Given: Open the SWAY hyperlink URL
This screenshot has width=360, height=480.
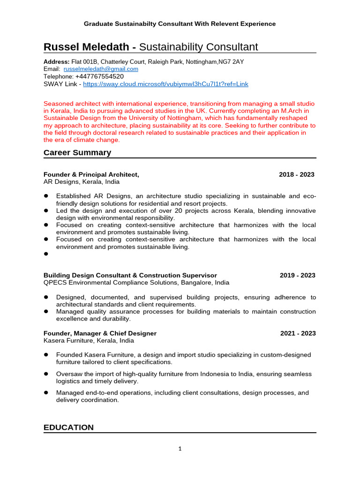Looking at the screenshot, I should coord(165,84).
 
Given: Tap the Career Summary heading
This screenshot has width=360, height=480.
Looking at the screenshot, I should coord(77,152).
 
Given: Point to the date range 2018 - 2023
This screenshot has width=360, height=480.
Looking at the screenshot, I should coord(296,174).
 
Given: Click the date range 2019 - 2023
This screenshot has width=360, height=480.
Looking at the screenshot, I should coord(298,275).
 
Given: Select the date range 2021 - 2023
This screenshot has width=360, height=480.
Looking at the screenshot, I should coord(298,333).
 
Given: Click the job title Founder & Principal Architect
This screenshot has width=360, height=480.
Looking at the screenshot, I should coord(91,174).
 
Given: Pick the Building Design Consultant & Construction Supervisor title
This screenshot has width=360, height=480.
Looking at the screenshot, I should coord(130,275).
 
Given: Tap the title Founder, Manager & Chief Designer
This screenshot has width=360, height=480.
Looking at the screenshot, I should coord(100,333).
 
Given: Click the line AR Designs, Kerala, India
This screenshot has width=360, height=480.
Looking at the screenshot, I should coord(81,182).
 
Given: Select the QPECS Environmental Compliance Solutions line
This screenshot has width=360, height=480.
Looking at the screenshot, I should coord(136,283).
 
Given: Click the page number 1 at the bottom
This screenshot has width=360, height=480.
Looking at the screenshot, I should coord(180,449).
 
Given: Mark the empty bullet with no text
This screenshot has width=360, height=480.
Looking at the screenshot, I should coord(46,254).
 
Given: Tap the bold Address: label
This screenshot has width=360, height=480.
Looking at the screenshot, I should coord(57,62).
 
